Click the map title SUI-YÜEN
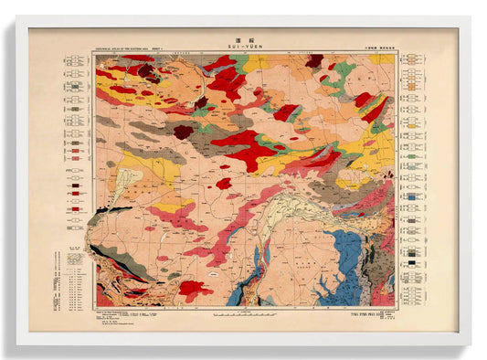(x=242, y=47)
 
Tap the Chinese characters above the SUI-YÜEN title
(x=242, y=39)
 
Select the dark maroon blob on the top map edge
(x=315, y=61)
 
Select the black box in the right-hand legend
(x=413, y=261)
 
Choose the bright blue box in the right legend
(x=413, y=196)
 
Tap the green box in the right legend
(x=413, y=156)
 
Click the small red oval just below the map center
(x=223, y=183)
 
